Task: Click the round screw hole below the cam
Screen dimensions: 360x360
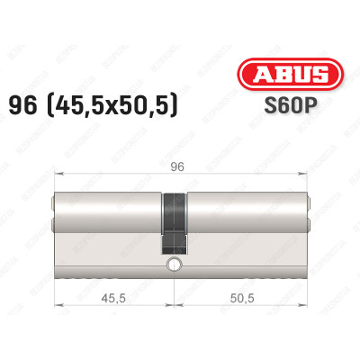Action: pyautogui.click(x=172, y=265)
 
